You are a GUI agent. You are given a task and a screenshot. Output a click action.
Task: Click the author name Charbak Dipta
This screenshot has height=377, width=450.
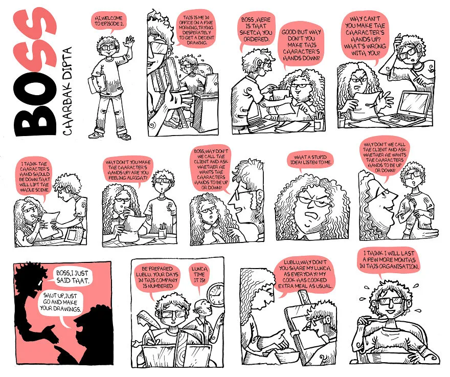click(67, 92)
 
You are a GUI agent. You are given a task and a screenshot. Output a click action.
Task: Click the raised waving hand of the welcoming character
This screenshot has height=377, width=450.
click(130, 41)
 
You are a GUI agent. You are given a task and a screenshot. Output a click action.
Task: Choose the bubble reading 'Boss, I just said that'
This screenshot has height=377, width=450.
click(72, 277)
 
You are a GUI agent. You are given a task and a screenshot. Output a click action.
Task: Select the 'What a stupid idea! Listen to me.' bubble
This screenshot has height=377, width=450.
click(311, 161)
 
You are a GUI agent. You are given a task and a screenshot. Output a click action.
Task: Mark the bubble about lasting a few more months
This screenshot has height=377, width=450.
click(389, 261)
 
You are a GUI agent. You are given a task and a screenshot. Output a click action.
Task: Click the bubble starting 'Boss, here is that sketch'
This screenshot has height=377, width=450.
click(255, 29)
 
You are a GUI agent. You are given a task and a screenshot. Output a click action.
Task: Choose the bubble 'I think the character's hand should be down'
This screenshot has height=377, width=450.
click(34, 176)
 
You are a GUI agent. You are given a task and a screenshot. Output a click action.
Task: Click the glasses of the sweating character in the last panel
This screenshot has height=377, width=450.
click(390, 301)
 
